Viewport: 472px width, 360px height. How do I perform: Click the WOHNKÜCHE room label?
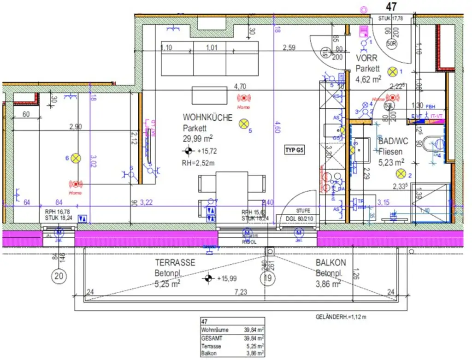[x=207, y=118]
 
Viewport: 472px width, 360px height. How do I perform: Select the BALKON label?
[x=331, y=263]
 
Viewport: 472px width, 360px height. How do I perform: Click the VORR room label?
[x=367, y=58]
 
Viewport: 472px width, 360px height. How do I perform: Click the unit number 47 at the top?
[x=391, y=6]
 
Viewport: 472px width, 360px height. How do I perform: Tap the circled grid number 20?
[x=59, y=277]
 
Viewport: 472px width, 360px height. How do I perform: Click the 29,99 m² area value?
[x=197, y=138]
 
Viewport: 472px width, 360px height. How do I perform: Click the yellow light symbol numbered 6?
[x=76, y=158]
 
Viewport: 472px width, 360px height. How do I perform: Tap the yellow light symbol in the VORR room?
[x=392, y=71]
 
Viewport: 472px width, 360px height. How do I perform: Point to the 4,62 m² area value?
[x=368, y=79]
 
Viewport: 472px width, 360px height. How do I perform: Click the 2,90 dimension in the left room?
[x=76, y=126]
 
